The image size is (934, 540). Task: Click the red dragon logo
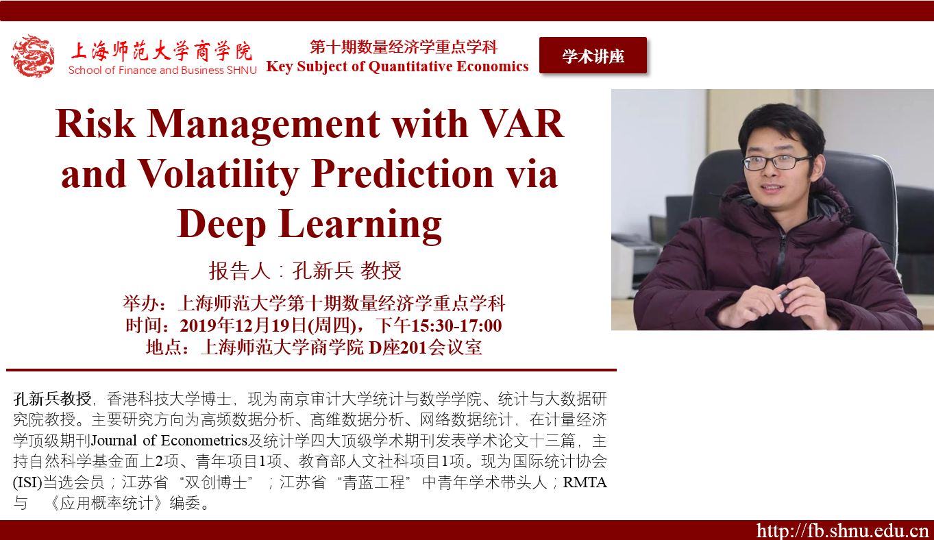(x=32, y=56)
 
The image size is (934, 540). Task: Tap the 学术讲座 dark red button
(x=593, y=56)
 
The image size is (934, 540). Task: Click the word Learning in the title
(x=360, y=225)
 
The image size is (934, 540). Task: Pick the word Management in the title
(x=263, y=124)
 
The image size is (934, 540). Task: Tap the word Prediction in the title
(x=403, y=174)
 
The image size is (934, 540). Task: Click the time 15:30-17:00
(x=456, y=326)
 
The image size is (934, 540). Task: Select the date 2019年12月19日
(x=243, y=326)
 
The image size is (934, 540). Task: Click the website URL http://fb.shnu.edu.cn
(x=843, y=530)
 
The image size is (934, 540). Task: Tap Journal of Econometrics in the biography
(x=169, y=441)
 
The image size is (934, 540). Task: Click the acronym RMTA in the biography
(x=585, y=482)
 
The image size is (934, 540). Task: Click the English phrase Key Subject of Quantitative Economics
(x=397, y=66)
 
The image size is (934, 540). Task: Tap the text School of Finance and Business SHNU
(x=162, y=70)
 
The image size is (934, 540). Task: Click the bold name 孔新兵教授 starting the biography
(x=52, y=399)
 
